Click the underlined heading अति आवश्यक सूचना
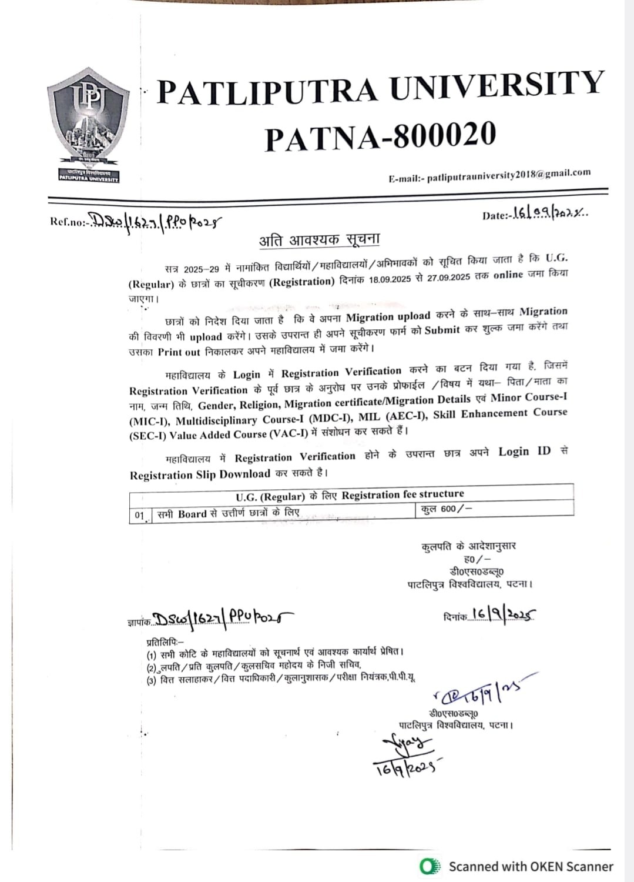coord(320,240)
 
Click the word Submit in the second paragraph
coord(442,330)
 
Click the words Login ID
coord(525,452)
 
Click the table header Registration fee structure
coord(402,495)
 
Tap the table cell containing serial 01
coord(140,515)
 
